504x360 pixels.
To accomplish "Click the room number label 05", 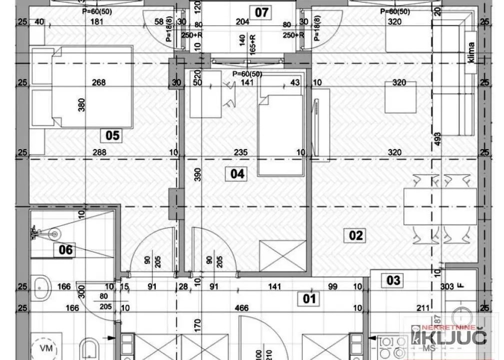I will click(113, 135).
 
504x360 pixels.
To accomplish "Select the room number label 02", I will click(356, 234).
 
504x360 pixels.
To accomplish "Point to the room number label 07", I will click(262, 12).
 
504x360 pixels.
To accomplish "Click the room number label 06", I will click(66, 249).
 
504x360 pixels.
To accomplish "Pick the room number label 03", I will click(394, 280).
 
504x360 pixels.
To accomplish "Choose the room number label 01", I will click(310, 298).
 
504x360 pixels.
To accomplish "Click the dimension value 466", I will click(242, 308).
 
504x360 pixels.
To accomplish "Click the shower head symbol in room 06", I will click(55, 232).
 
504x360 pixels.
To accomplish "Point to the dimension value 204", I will click(242, 21).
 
